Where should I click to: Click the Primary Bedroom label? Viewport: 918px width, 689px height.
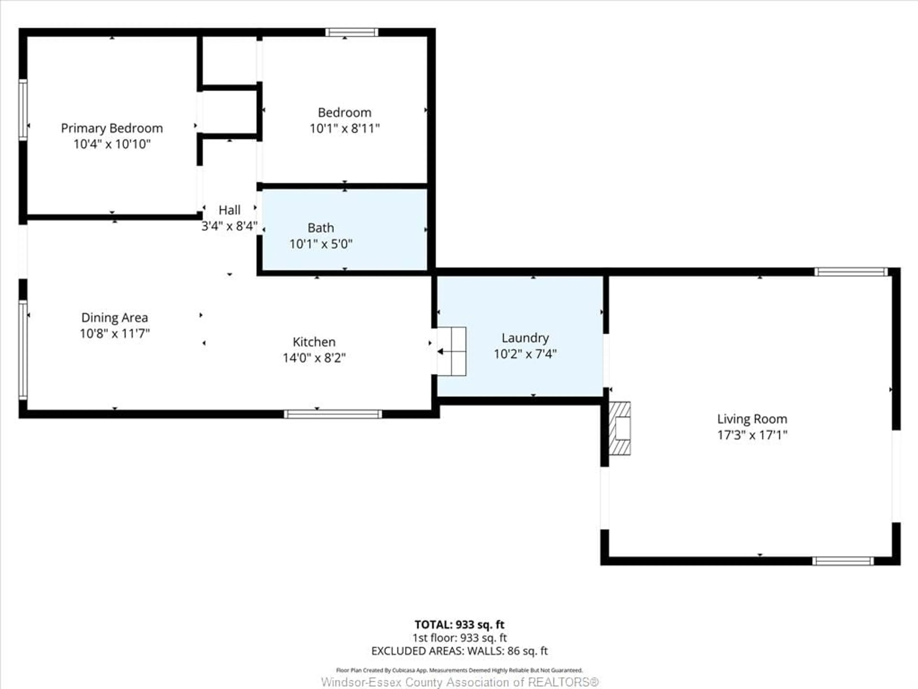pos(112,128)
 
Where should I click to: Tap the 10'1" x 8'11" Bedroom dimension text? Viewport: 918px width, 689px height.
pos(344,128)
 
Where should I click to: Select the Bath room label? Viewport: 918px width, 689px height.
pos(320,228)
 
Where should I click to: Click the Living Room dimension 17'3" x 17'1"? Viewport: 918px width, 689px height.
pos(752,435)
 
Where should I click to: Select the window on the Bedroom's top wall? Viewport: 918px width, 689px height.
pos(351,32)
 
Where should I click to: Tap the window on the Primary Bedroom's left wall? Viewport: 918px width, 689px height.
pos(23,110)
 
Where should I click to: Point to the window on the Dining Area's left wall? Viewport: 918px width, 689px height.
pos(23,350)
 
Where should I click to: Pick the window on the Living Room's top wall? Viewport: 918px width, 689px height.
pos(851,272)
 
